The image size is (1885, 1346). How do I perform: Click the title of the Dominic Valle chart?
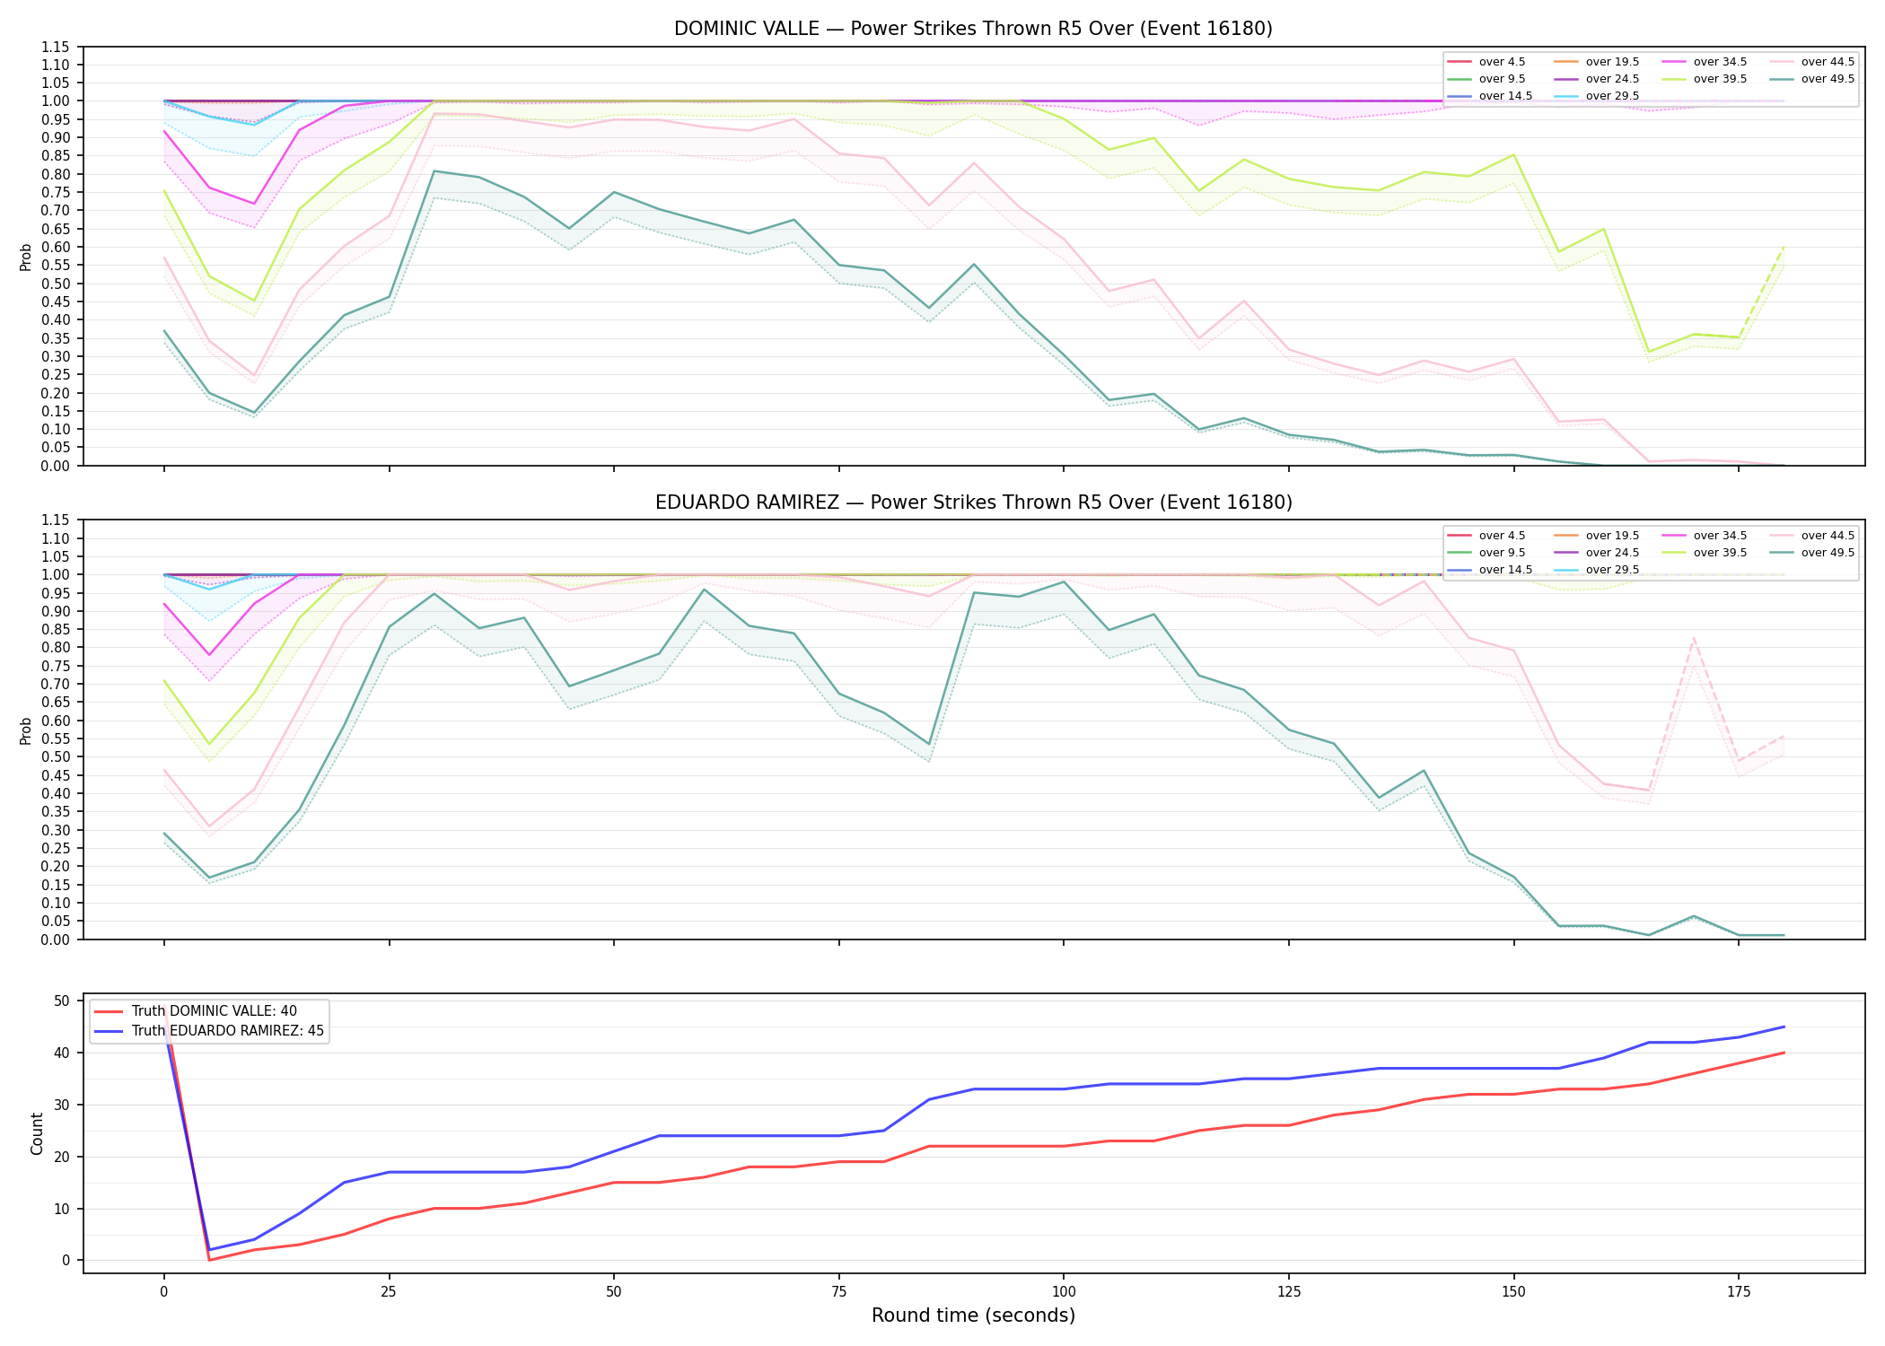point(973,29)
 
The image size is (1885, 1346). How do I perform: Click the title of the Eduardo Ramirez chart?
point(973,503)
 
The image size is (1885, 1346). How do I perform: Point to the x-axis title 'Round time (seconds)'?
point(973,1315)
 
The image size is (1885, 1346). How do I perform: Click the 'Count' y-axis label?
point(37,1133)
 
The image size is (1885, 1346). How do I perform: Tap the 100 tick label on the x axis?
point(1063,1292)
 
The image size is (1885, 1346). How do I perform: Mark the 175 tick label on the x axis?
point(1738,1292)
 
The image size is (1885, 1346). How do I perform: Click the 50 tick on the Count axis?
point(63,1001)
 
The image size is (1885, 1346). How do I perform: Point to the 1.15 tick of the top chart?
point(56,47)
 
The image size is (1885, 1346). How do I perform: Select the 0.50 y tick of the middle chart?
point(56,757)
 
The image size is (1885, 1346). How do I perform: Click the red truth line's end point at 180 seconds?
point(1783,1053)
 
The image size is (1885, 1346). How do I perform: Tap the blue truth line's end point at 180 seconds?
point(1783,1027)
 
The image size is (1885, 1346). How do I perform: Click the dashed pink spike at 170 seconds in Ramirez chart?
point(1693,639)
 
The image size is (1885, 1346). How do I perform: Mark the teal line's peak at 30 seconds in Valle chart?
point(434,170)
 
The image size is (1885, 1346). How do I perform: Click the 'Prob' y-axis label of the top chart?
point(26,257)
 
